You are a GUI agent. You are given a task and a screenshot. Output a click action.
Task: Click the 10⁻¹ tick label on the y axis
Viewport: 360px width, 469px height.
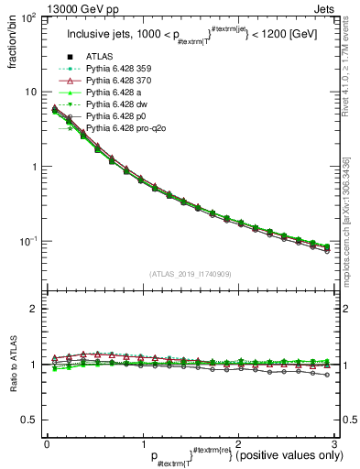pos(27,241)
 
